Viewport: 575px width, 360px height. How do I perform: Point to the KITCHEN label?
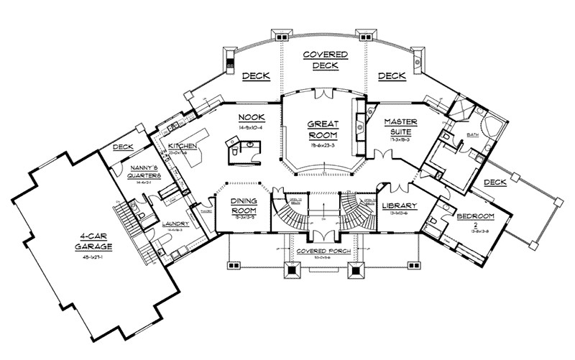coord(183,146)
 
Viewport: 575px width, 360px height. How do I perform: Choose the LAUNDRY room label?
coord(175,223)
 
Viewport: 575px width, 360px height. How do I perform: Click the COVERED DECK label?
coord(325,60)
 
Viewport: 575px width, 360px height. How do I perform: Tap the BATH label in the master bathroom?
coord(472,134)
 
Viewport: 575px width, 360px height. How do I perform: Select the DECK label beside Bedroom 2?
coord(495,183)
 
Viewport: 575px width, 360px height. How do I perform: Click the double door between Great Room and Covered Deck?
coord(323,93)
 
